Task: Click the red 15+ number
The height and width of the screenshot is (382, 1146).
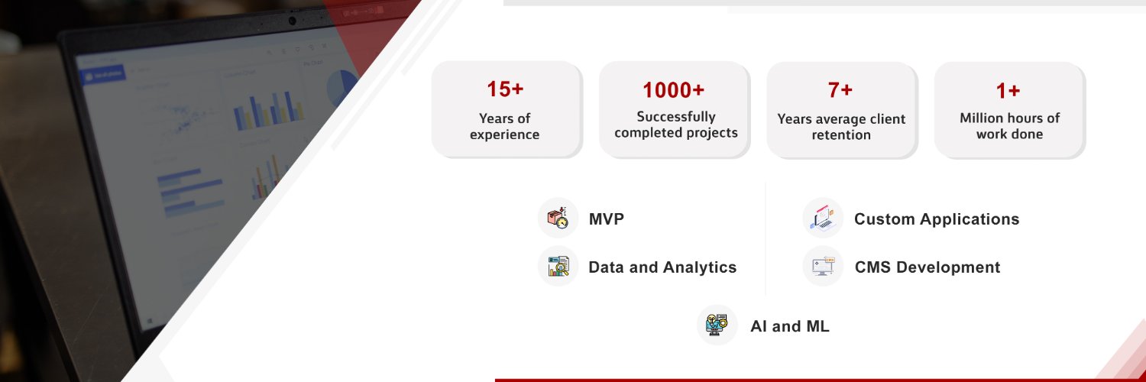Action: point(505,89)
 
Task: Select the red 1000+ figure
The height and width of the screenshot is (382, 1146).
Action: point(673,90)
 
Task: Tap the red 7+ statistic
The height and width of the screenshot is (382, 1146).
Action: point(840,90)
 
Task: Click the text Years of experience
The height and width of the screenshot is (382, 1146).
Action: point(504,127)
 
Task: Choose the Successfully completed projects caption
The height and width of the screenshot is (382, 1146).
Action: point(675,125)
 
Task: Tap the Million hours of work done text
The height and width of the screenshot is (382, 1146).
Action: point(1009,126)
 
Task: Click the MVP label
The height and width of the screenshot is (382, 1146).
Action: point(606,220)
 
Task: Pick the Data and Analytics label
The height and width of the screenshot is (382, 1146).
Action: point(662,267)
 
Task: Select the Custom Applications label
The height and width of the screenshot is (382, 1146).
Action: point(936,219)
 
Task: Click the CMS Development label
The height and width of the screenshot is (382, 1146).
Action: point(927,267)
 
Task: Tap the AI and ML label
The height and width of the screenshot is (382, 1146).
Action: point(789,327)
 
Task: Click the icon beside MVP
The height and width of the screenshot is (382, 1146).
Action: point(558,219)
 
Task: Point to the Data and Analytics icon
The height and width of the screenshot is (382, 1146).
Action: point(558,267)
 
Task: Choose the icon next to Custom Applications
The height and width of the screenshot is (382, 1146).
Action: point(823,219)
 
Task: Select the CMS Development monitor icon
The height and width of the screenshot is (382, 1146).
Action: point(823,267)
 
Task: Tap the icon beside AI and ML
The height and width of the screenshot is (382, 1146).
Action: point(717,325)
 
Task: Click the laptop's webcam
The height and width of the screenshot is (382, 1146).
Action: point(292,21)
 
